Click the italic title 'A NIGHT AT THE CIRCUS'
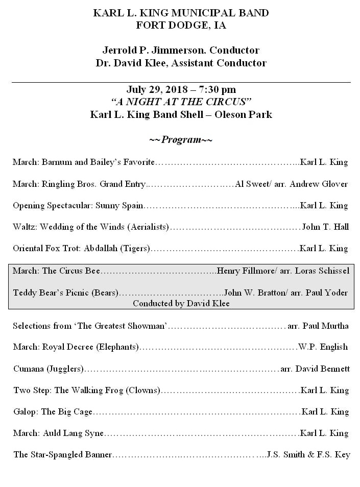[181, 102]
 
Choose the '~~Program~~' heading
[181, 140]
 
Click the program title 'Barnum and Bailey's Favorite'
[98, 163]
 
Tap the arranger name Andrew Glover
[319, 184]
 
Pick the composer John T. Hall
[325, 227]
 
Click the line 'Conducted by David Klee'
[181, 303]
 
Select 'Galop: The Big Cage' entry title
[53, 412]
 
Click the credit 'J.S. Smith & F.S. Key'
[308, 455]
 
